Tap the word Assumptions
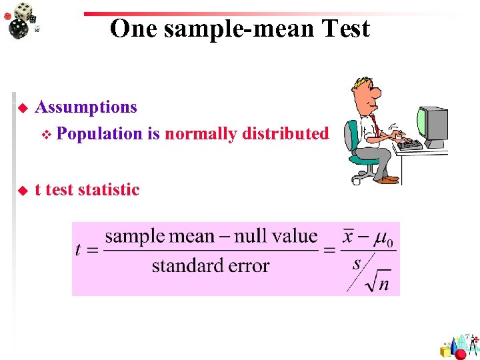click(x=86, y=107)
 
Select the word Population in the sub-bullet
click(x=100, y=134)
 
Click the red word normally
click(x=201, y=134)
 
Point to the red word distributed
click(x=285, y=134)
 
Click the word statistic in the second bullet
click(x=109, y=190)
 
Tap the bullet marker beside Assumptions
click(x=22, y=108)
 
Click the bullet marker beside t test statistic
click(x=22, y=191)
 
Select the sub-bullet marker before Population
click(x=45, y=135)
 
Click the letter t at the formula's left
click(x=79, y=251)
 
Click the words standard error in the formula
click(x=210, y=266)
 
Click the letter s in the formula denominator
click(x=357, y=263)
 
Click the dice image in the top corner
click(x=23, y=19)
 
